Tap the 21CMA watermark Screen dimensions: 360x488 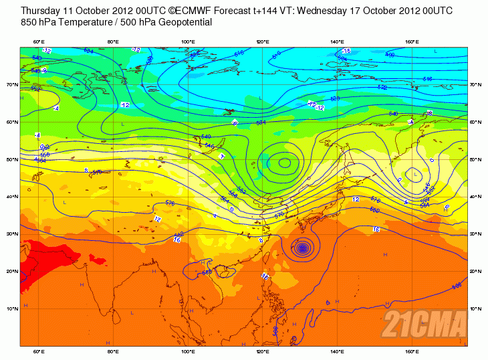coord(424,325)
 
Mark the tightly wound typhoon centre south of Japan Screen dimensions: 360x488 coord(302,248)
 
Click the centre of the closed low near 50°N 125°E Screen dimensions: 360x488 coord(285,162)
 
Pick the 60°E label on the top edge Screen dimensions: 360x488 coord(39,42)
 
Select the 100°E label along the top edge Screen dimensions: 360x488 coord(189,42)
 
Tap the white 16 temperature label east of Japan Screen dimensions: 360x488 coord(376,230)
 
